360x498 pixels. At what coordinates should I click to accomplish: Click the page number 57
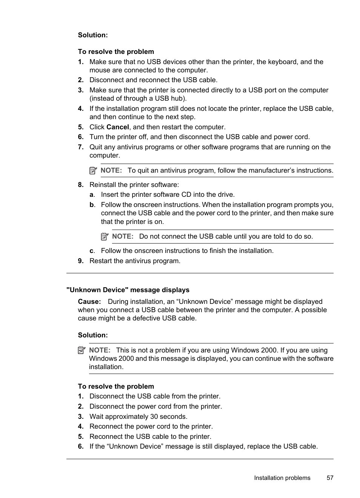(330, 478)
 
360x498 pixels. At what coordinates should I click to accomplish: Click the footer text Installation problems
(282, 478)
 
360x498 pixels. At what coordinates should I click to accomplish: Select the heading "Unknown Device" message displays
(128, 290)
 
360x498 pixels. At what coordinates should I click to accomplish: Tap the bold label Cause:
(89, 302)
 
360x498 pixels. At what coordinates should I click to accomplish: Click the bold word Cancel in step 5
(117, 127)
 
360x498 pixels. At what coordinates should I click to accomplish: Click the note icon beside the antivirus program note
(93, 170)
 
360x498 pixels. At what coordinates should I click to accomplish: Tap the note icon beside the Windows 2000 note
(82, 350)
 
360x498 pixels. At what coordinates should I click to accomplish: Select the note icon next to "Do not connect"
(105, 237)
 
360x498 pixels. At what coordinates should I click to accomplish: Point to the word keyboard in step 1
(282, 62)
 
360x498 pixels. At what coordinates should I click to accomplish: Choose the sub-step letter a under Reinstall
(92, 195)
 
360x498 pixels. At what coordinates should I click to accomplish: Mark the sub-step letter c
(92, 251)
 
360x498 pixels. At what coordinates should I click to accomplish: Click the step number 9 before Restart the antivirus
(80, 261)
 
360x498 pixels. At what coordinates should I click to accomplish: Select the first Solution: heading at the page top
(93, 35)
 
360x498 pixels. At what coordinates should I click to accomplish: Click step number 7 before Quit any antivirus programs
(80, 147)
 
